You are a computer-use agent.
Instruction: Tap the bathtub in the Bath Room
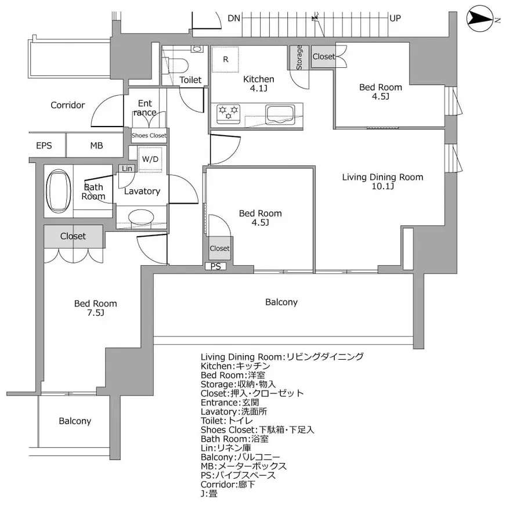59,191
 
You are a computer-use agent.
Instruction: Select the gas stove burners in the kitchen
229,114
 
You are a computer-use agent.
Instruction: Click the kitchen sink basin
280,114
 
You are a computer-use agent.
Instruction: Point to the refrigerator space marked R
225,59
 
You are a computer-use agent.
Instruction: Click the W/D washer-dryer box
150,159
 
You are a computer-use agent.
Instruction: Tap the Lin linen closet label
127,168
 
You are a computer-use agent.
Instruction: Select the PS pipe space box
215,266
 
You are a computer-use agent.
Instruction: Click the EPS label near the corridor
44,146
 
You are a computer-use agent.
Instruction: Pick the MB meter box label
96,146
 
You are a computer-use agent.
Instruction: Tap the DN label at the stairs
234,18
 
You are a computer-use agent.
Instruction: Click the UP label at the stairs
395,18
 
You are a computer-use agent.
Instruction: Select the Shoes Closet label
149,136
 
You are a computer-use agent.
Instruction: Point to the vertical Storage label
299,57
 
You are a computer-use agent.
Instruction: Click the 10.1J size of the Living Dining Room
383,186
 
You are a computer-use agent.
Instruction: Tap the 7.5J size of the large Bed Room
96,313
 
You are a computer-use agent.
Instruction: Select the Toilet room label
190,79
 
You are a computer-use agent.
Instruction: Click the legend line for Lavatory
234,411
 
